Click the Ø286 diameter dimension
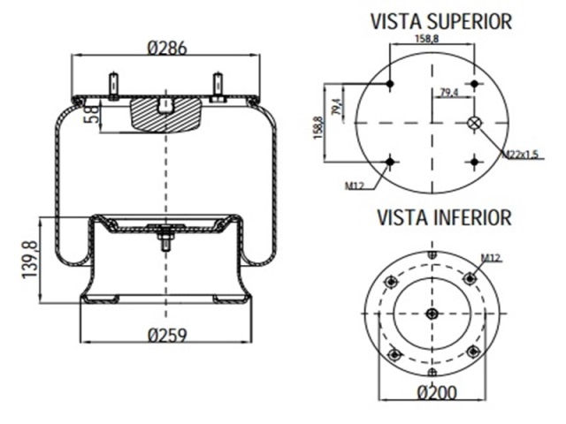coord(165,48)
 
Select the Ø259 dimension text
coord(167,335)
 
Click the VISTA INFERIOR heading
coord(444,216)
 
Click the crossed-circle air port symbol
coord(476,123)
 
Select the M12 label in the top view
coord(356,185)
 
